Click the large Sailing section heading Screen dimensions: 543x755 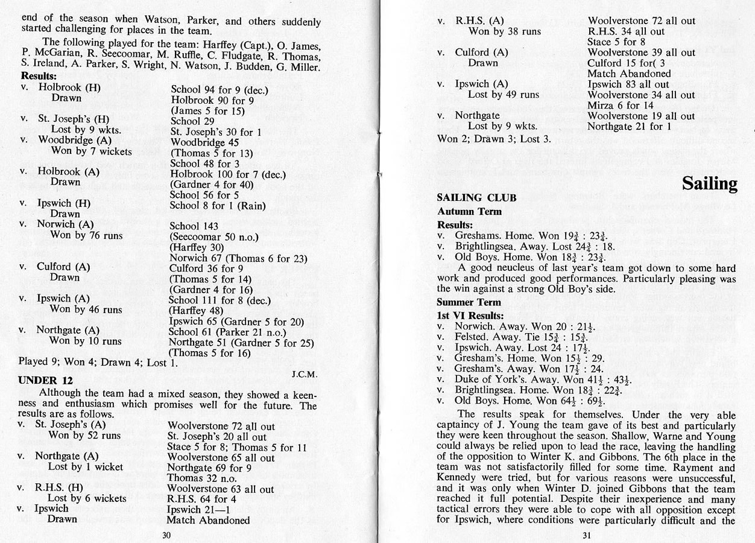tap(709, 183)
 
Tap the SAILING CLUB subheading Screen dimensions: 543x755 tap(476, 198)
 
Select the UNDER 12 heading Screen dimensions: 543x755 tap(45, 380)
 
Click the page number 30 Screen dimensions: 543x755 tap(167, 535)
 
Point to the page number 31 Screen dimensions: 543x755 tap(587, 535)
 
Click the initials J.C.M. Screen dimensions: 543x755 tap(304, 375)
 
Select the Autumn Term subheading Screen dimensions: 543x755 tap(469, 212)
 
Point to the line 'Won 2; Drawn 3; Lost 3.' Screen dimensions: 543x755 tap(494, 139)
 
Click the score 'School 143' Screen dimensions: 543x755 tap(194, 226)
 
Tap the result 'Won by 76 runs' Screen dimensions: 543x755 tap(86, 235)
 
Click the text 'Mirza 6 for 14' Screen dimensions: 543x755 tap(621, 106)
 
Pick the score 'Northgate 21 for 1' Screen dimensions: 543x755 tap(629, 126)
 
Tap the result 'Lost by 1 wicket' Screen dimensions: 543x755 tap(86, 467)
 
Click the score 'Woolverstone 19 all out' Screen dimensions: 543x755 tap(641, 115)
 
